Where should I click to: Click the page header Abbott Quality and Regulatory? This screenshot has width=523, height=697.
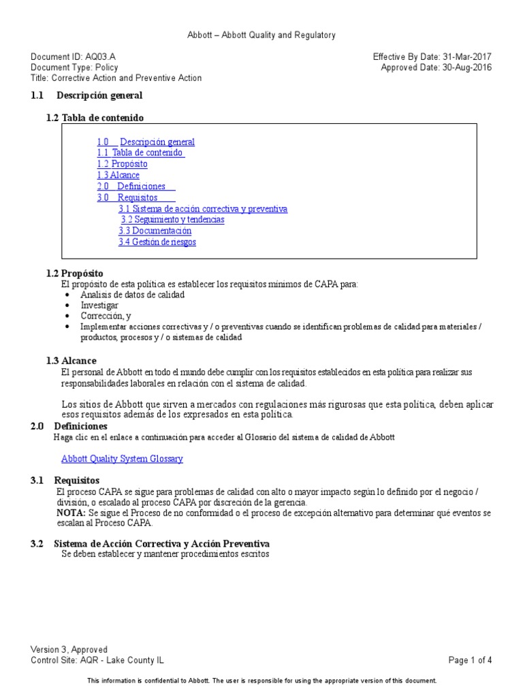261,35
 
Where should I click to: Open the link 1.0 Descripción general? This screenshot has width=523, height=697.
146,142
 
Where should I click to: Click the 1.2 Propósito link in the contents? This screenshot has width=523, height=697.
122,164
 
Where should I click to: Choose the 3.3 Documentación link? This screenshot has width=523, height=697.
155,231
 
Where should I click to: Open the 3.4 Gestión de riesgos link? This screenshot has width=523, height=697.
157,242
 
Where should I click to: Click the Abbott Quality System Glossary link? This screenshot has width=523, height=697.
122,459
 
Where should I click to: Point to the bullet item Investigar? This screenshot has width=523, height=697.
99,306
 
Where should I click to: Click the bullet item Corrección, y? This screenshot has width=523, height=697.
106,317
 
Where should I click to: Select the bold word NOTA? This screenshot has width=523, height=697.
70,512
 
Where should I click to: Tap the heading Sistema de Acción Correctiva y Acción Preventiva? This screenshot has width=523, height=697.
161,544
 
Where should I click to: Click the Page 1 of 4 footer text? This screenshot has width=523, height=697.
470,660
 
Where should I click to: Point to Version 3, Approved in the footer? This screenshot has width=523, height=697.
69,650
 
